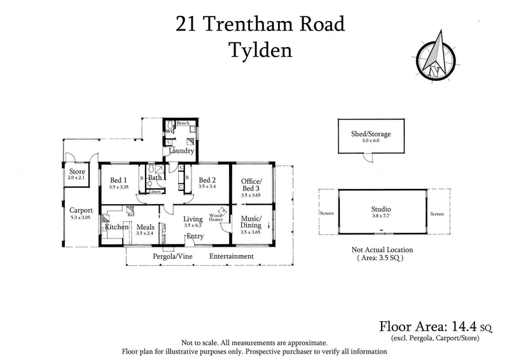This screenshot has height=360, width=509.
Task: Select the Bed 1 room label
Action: pyautogui.click(x=119, y=179)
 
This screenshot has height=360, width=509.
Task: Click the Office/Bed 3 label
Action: pyautogui.click(x=250, y=184)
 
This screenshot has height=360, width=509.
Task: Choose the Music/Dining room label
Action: pyautogui.click(x=250, y=222)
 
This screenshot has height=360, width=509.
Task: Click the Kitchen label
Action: pyautogui.click(x=117, y=227)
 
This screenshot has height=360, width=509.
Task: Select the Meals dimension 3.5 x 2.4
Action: pyautogui.click(x=146, y=233)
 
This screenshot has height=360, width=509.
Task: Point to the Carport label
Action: pyautogui.click(x=81, y=211)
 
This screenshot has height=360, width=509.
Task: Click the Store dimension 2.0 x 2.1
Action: pyautogui.click(x=77, y=178)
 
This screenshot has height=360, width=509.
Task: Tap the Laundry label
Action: pyautogui.click(x=181, y=151)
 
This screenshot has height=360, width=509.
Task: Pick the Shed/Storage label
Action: pyautogui.click(x=370, y=134)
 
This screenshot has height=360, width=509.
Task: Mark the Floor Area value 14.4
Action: pyautogui.click(x=466, y=327)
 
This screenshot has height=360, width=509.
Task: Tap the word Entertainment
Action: pyautogui.click(x=232, y=256)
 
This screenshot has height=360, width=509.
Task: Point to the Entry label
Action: pyautogui.click(x=194, y=237)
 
